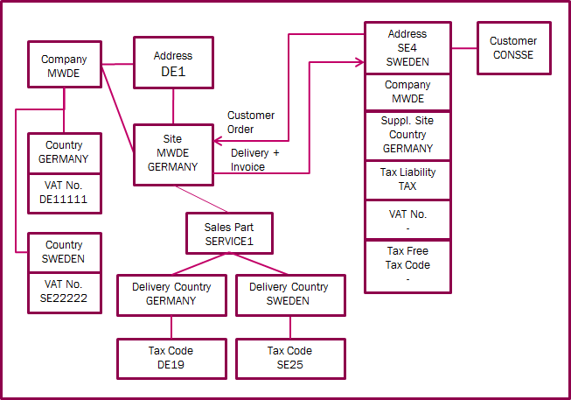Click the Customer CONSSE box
(x=513, y=48)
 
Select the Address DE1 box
(x=173, y=63)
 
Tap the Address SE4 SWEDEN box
(x=408, y=48)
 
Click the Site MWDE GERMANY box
(x=173, y=153)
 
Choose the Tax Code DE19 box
(x=171, y=357)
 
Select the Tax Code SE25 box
(x=289, y=357)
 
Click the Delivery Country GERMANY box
(x=171, y=293)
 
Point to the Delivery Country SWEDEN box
(x=289, y=293)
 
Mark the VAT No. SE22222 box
(x=64, y=292)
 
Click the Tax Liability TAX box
(x=408, y=179)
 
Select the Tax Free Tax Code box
(x=408, y=264)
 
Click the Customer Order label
(x=251, y=123)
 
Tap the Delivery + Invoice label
(x=254, y=160)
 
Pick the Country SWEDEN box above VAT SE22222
(x=64, y=252)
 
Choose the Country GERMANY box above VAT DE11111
(x=64, y=152)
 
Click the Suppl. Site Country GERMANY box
(x=408, y=136)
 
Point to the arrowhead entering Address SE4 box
(x=359, y=61)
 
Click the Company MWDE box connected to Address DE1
(x=64, y=67)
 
